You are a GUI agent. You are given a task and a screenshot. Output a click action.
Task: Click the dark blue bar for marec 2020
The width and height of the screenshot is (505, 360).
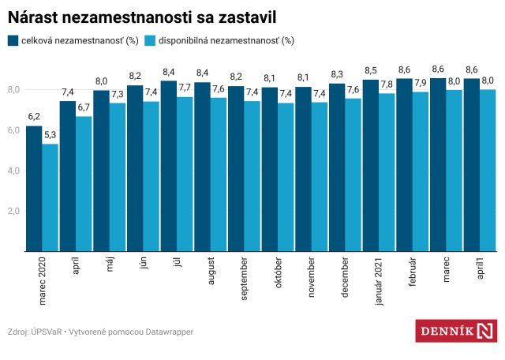[x=34, y=189]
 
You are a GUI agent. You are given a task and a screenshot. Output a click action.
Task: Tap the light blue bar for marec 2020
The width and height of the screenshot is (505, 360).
[x=50, y=197]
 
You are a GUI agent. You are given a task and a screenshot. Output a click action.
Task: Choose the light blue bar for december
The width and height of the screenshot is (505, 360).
[x=353, y=174]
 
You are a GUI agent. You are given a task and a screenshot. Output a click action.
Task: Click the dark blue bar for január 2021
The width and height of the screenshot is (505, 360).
[x=370, y=165]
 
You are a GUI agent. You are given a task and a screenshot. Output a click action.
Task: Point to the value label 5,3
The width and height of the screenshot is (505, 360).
[x=50, y=135]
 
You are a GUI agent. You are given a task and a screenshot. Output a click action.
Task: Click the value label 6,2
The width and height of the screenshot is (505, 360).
[x=34, y=117]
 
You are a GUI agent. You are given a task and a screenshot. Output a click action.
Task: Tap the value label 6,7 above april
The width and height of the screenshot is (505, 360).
[x=84, y=107]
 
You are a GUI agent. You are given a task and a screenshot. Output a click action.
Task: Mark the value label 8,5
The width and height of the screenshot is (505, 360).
[x=370, y=71]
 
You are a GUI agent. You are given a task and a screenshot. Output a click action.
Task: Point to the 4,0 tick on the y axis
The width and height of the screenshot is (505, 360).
[x=14, y=171]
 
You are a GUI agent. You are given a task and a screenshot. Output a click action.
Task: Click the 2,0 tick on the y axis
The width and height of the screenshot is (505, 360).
[x=14, y=212]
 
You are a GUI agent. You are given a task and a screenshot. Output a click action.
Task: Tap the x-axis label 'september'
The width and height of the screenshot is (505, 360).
[x=245, y=277]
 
